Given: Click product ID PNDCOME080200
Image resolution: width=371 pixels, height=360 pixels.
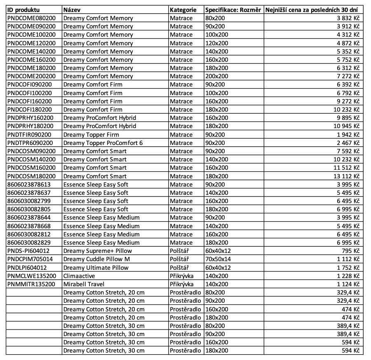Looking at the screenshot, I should click(x=31, y=18).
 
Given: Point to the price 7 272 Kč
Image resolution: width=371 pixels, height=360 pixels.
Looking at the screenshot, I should click(x=348, y=76).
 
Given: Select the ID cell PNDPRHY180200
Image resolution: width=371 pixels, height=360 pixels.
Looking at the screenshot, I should click(x=31, y=126).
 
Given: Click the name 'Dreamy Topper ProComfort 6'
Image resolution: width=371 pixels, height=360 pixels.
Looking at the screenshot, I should click(x=103, y=143).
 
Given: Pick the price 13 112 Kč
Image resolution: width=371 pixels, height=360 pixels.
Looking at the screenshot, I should click(x=346, y=176).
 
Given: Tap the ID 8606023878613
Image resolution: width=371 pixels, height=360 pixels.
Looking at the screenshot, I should click(x=29, y=184).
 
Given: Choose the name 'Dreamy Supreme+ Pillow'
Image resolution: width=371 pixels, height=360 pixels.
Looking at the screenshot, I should click(x=98, y=251).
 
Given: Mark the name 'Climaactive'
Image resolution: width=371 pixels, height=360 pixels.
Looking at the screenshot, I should click(x=79, y=276).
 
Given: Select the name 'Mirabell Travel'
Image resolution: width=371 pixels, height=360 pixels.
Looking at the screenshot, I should click(x=84, y=284).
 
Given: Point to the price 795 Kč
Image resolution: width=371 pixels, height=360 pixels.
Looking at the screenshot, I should click(x=352, y=251).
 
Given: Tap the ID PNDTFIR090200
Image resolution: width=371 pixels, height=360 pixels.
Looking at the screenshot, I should click(x=30, y=134).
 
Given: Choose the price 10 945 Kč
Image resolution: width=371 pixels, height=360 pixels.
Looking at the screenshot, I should click(x=346, y=126).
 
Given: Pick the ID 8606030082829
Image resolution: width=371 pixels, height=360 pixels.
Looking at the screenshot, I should click(x=29, y=243).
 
